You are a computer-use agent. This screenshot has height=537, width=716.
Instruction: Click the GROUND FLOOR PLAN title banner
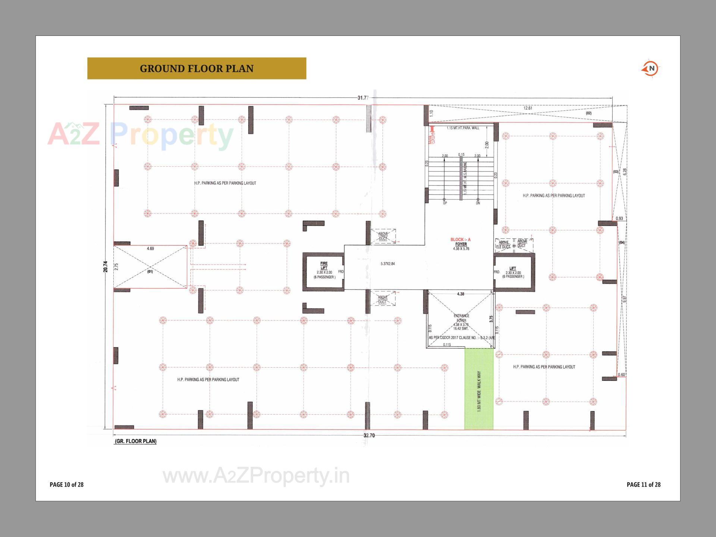coord(197,68)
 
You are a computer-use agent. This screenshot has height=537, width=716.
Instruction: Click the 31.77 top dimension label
coord(362,98)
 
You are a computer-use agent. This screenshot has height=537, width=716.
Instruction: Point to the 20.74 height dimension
coord(106,266)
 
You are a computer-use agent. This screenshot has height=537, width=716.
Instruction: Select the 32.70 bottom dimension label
coord(368,436)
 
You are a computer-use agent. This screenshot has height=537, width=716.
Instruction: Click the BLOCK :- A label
coord(461,240)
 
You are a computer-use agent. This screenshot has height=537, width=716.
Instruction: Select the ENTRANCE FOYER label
coord(461,318)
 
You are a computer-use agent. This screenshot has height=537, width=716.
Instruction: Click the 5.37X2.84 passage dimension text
coord(387,264)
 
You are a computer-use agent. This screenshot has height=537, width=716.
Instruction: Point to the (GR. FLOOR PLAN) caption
coord(136,441)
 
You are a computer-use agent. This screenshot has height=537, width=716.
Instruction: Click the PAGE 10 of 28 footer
coord(67,485)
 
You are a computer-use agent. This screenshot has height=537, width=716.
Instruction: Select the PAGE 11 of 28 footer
coord(643,485)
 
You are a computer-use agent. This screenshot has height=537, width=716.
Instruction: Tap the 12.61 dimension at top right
coord(528,109)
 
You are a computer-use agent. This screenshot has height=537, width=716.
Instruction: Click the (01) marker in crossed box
coord(150,271)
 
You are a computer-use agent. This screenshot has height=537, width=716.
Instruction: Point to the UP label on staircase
coord(445,203)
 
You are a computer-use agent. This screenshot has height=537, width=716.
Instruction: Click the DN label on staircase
coord(478,203)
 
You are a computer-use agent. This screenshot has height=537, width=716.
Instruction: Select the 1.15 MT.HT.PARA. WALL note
coord(463,128)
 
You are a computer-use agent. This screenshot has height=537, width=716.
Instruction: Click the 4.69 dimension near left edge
coord(150,248)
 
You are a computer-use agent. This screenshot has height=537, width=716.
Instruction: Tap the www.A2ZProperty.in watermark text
coord(256,476)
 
